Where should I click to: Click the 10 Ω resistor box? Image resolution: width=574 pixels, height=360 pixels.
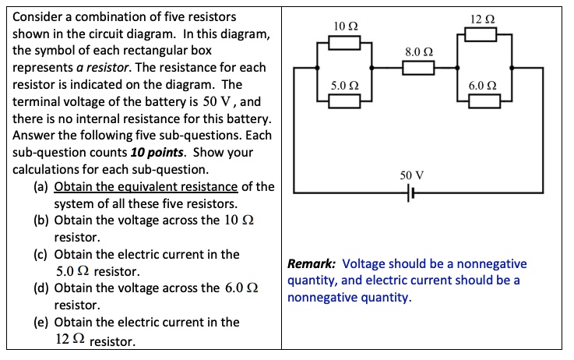coord(344,44)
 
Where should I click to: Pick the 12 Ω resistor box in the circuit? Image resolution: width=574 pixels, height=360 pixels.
coord(481,34)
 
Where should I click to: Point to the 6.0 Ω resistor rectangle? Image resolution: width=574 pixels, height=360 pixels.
coord(484,101)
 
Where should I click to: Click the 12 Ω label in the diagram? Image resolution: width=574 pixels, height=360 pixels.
coord(482,18)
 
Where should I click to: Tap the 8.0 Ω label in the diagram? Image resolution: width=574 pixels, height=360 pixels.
coord(417,51)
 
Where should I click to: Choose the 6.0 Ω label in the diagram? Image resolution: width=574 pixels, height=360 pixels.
coord(482,85)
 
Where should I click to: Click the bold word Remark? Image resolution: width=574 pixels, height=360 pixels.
coord(312,264)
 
